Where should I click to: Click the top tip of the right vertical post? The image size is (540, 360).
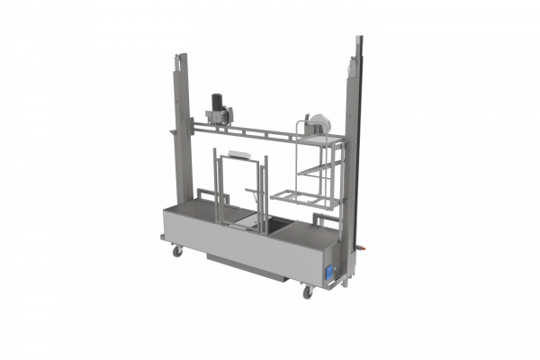[360, 38]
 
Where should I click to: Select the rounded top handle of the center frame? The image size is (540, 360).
[237, 155]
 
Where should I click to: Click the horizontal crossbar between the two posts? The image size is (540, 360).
[261, 136]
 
